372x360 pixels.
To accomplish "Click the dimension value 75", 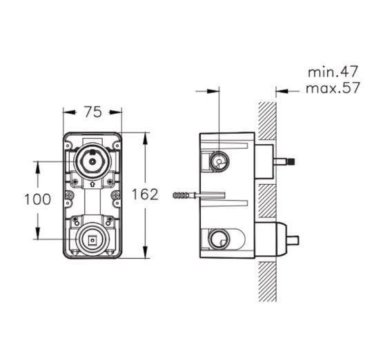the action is (93, 112).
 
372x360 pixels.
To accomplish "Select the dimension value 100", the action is (38, 199).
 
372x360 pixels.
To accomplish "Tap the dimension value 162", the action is (145, 194).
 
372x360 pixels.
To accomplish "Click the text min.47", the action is (333, 72).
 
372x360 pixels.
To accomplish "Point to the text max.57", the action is (333, 88).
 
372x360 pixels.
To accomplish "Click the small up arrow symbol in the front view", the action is (92, 184).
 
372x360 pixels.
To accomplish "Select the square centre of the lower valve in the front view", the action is (92, 240).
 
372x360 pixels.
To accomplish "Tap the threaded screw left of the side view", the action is (184, 195).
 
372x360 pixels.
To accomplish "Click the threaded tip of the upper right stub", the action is (291, 161).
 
